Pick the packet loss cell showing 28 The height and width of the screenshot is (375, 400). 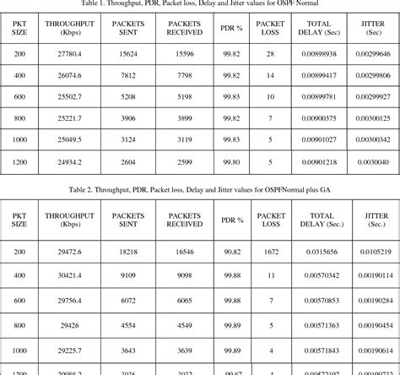(270, 53)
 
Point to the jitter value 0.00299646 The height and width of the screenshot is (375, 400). (370, 53)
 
